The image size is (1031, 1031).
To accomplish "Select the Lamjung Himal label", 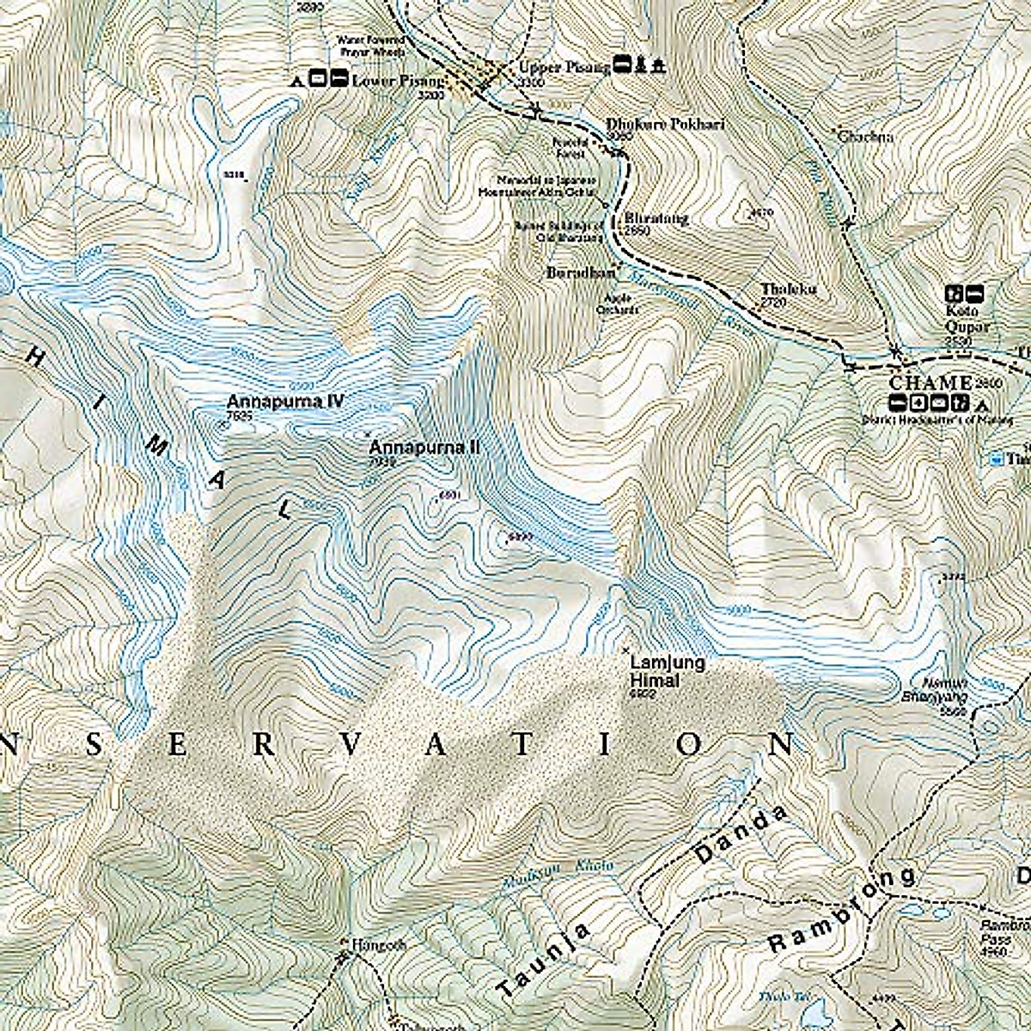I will pos(656,671).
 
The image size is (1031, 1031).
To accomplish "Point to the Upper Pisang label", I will pos(563,67).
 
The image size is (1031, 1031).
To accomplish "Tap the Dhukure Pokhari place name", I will pos(664,125).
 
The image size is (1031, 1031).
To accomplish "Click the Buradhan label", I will pos(581,272).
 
